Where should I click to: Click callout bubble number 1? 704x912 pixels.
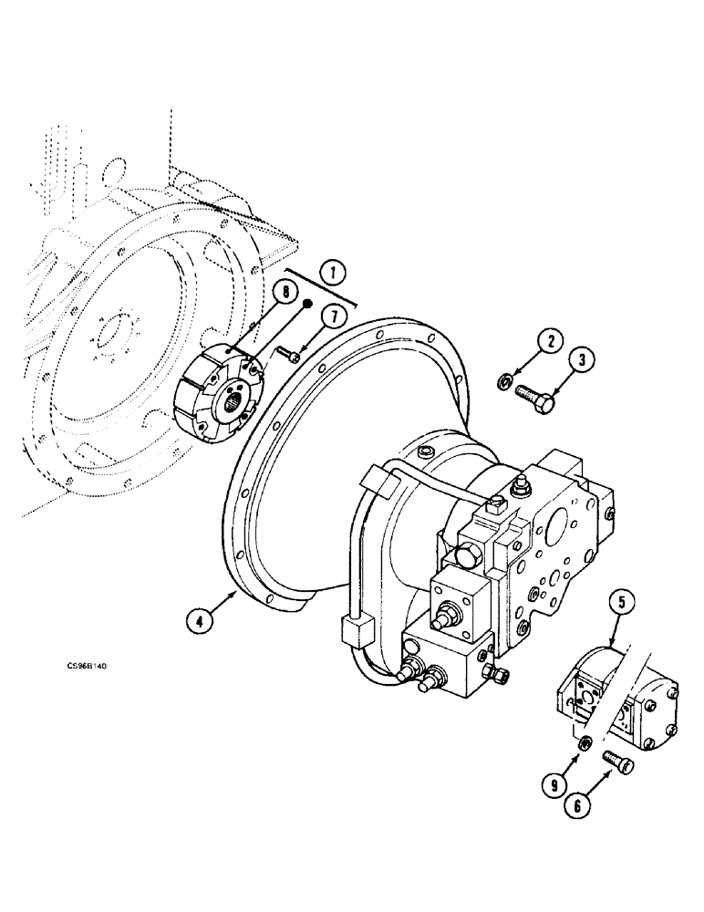point(334,272)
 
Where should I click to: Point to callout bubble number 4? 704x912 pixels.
point(197,621)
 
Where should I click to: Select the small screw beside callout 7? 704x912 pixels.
point(288,357)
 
